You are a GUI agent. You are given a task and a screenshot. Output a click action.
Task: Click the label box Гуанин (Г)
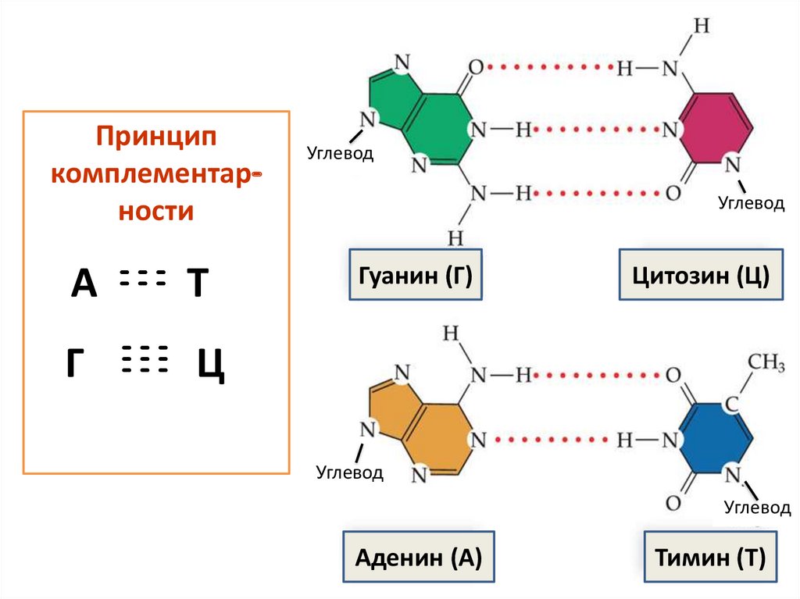click(x=416, y=275)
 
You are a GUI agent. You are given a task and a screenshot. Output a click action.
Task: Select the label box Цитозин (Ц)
click(x=701, y=275)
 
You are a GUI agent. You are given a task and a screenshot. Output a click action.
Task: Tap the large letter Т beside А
click(x=197, y=284)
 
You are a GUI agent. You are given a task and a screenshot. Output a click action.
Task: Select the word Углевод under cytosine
click(x=751, y=204)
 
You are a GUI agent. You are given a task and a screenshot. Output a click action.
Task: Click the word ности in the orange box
click(x=155, y=212)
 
